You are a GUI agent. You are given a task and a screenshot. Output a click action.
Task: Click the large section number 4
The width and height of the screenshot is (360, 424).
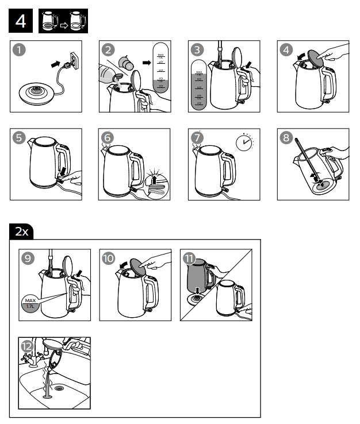point(21,22)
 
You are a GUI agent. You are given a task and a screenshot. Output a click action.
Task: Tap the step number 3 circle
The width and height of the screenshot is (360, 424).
point(198,51)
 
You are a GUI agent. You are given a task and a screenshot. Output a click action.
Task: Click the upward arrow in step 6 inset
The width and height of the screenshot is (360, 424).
point(155,179)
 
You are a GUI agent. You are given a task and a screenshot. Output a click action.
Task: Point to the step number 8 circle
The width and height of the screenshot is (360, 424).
point(288,138)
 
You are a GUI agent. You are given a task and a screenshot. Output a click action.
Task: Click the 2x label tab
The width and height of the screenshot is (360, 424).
point(22,232)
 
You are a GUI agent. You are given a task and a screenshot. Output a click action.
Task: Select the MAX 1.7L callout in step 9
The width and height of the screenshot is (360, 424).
point(30,303)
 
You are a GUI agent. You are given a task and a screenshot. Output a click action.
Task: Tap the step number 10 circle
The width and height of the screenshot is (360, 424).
point(109,259)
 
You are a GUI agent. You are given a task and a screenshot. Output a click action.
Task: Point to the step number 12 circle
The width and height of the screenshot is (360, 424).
point(27,346)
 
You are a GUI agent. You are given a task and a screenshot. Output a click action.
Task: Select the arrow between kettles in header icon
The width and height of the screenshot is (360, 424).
point(63,24)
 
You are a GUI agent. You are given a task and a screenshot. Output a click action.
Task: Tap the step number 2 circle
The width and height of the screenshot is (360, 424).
point(109,51)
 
